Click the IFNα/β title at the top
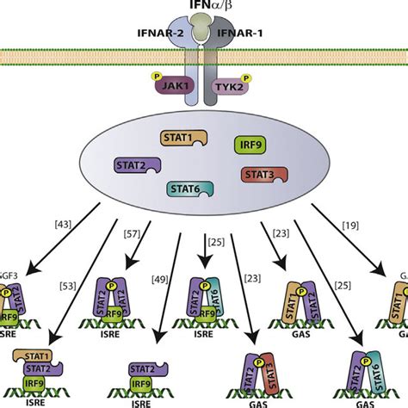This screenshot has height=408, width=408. [x=204, y=8]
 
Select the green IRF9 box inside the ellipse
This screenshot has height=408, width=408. [x=250, y=145]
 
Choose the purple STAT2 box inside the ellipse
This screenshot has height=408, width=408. [x=136, y=164]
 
